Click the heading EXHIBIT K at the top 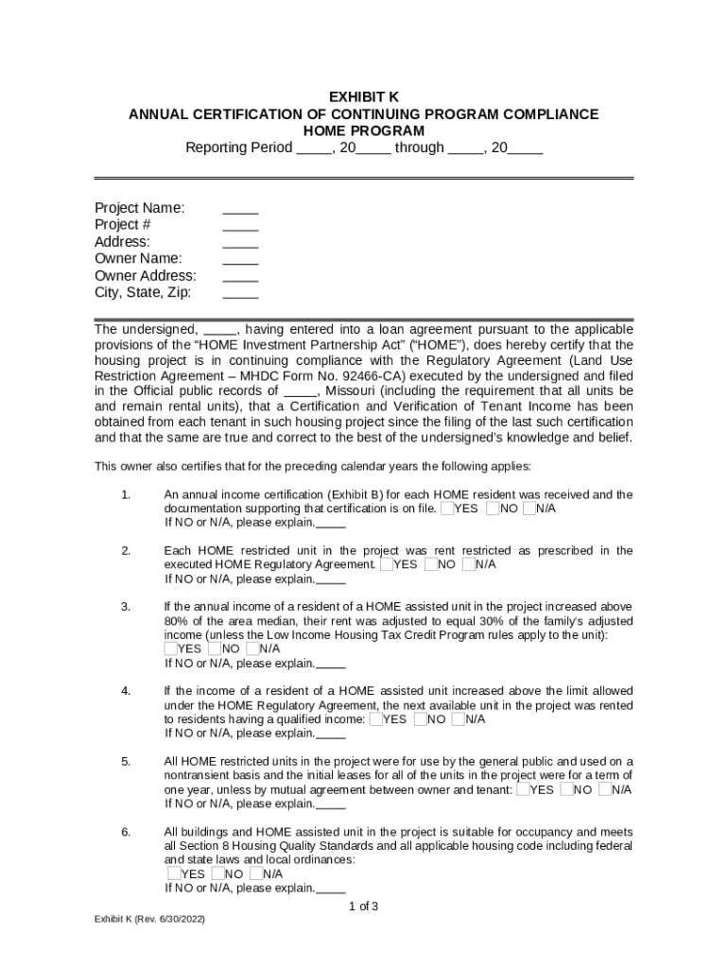[x=363, y=96]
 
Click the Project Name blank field [x=240, y=208]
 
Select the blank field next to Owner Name [x=240, y=259]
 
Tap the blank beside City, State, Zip [x=240, y=293]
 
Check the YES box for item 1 [x=447, y=509]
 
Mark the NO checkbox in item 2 [x=431, y=564]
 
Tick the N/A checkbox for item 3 [x=252, y=648]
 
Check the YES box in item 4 [x=376, y=719]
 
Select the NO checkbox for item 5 [x=566, y=789]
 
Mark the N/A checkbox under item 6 [x=256, y=873]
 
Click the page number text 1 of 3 [x=363, y=907]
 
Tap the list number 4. [x=126, y=691]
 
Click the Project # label [x=123, y=225]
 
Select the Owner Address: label [x=146, y=276]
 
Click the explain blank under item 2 [x=331, y=579]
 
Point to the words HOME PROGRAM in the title [x=363, y=130]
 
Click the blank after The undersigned [x=220, y=330]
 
